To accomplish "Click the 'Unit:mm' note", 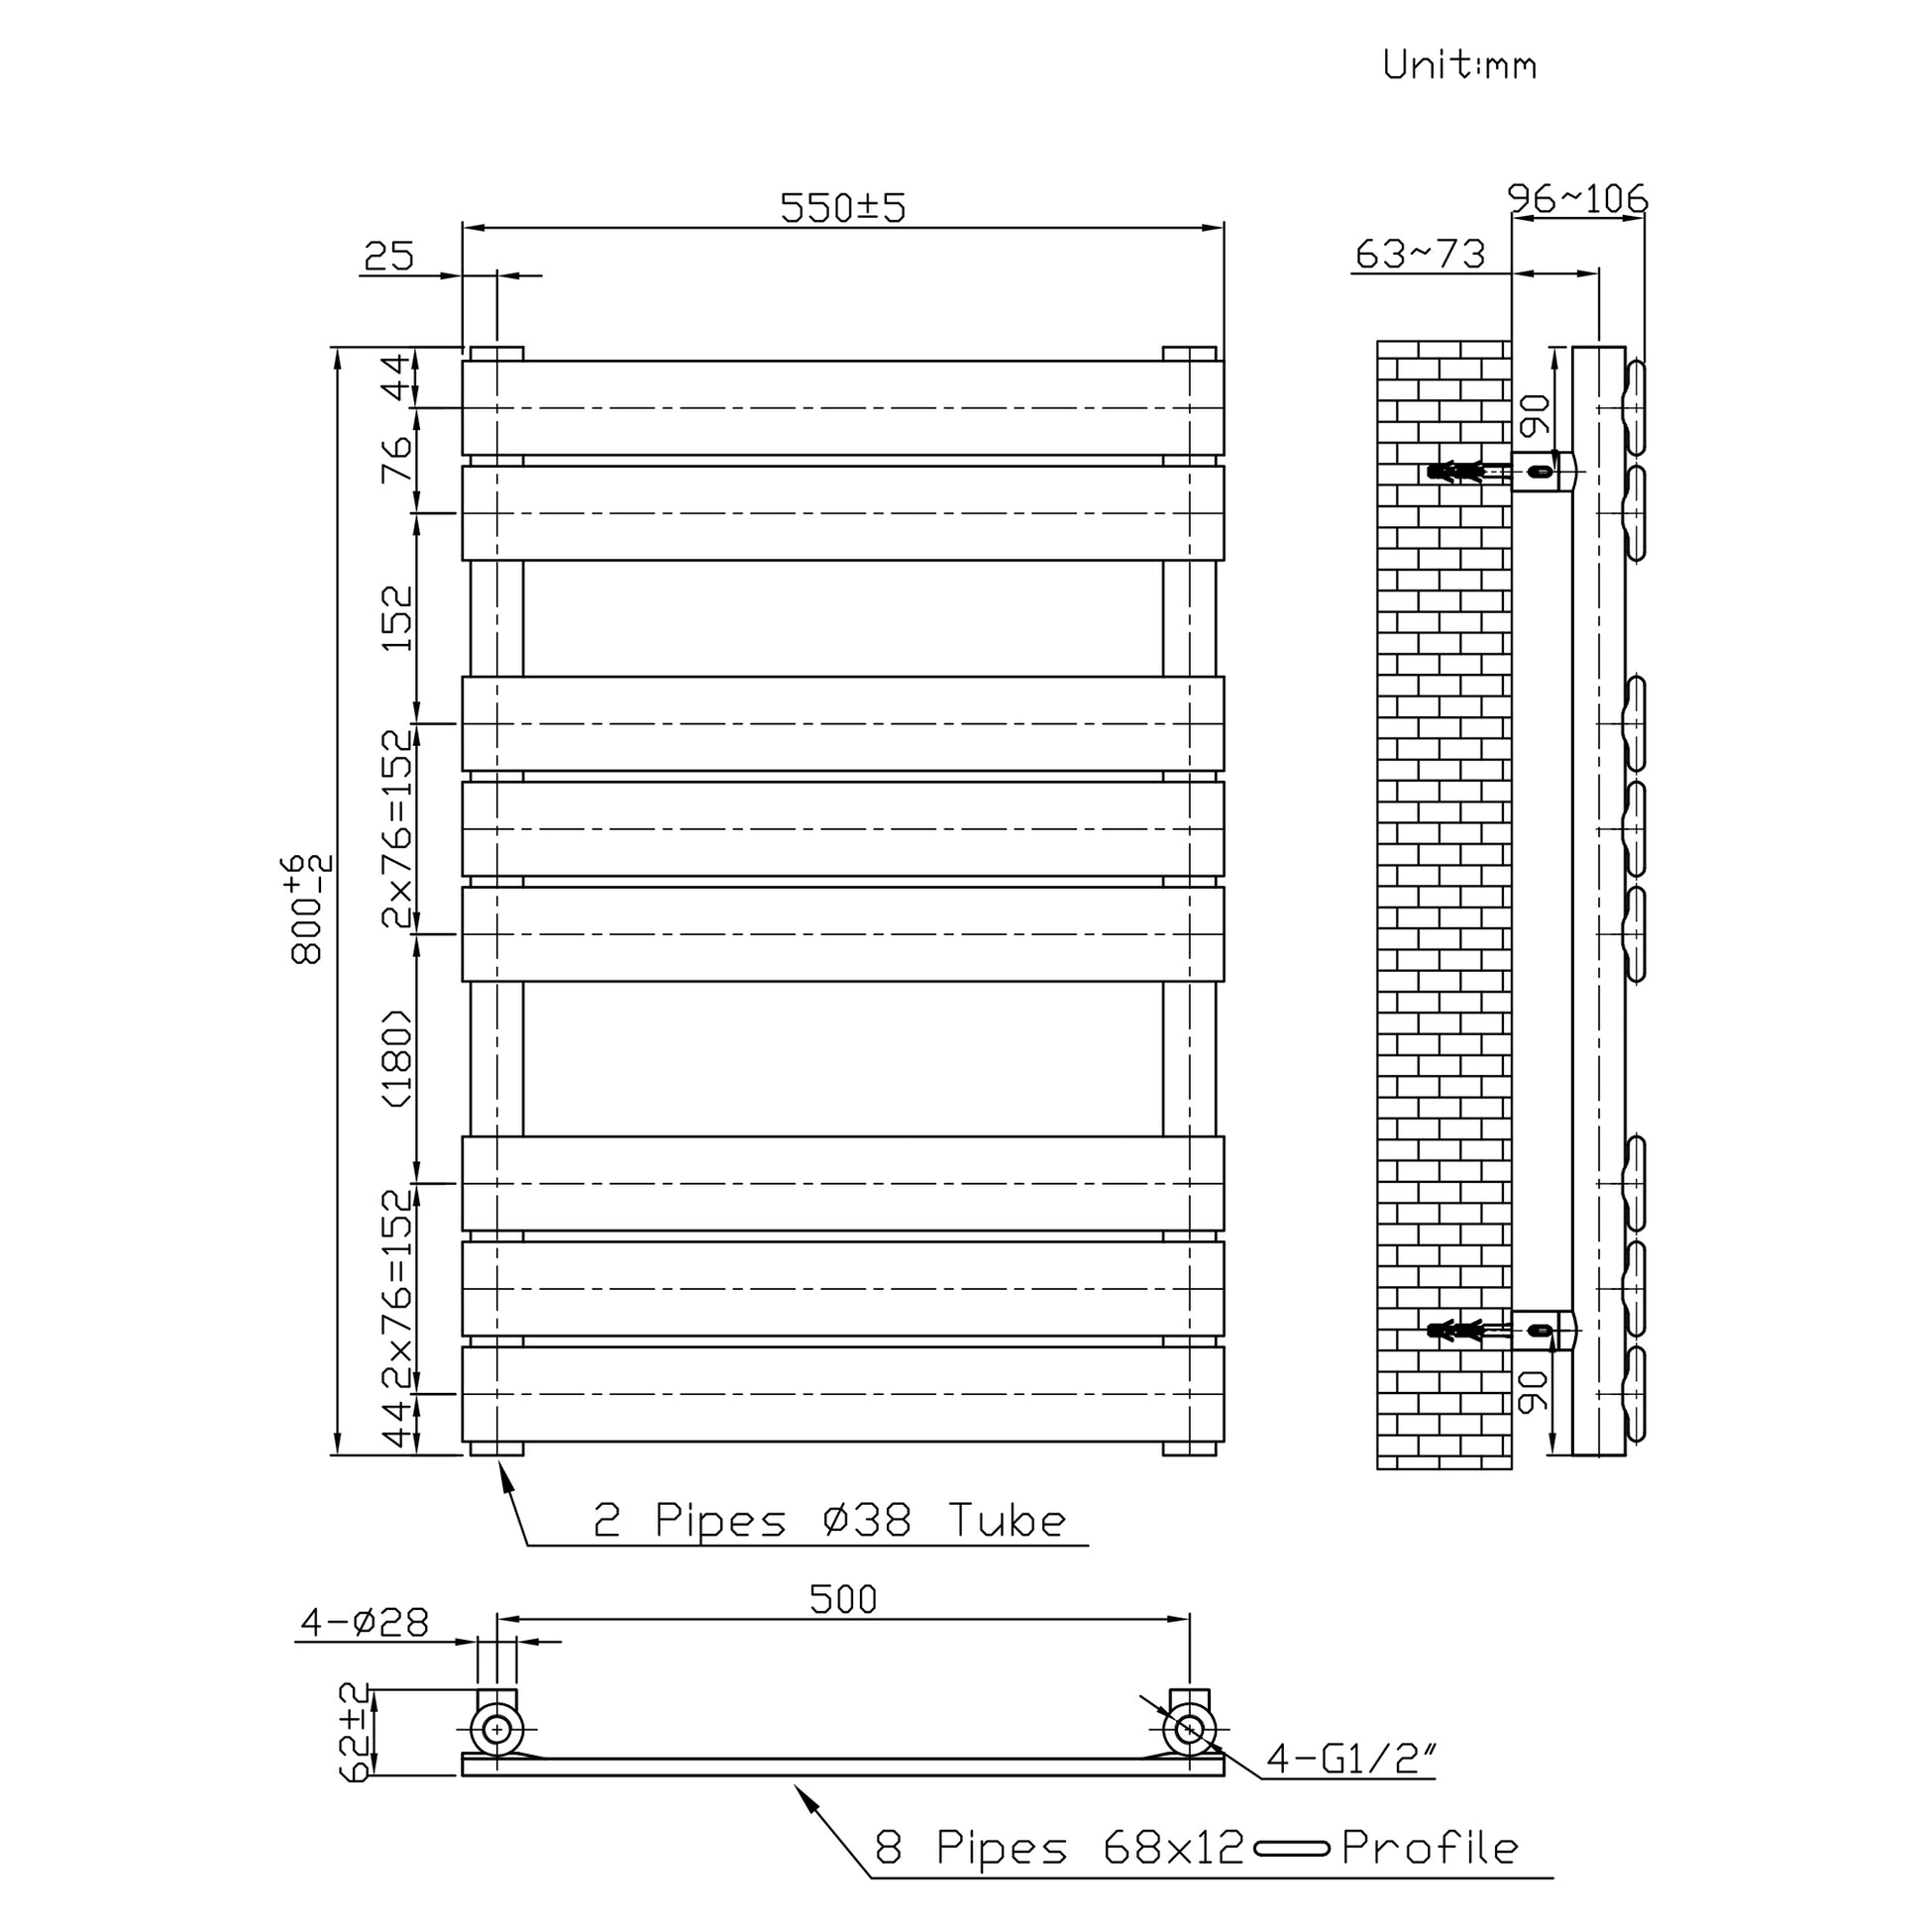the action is point(1459,64).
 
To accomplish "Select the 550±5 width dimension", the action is point(842,208).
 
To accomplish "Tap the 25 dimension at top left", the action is point(388,257).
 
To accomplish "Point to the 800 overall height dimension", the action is point(308,909).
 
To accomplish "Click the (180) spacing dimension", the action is point(396,1058).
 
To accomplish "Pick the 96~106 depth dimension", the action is point(1576,199).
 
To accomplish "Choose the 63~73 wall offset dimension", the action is point(1420,255).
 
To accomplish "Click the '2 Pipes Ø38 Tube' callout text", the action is point(829,1521).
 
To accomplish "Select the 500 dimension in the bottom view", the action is point(843,1600).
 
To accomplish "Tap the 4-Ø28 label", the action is point(365,1624).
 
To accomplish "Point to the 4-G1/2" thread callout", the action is point(1350,1760).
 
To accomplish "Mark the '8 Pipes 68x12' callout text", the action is point(1059,1848).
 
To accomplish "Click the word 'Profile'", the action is point(1429,1848).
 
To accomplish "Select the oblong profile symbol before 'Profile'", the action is point(1291,1849).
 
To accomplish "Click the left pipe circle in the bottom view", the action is point(497,1730).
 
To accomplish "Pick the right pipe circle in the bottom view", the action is point(1189,1730).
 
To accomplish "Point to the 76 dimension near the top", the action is point(396,459).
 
